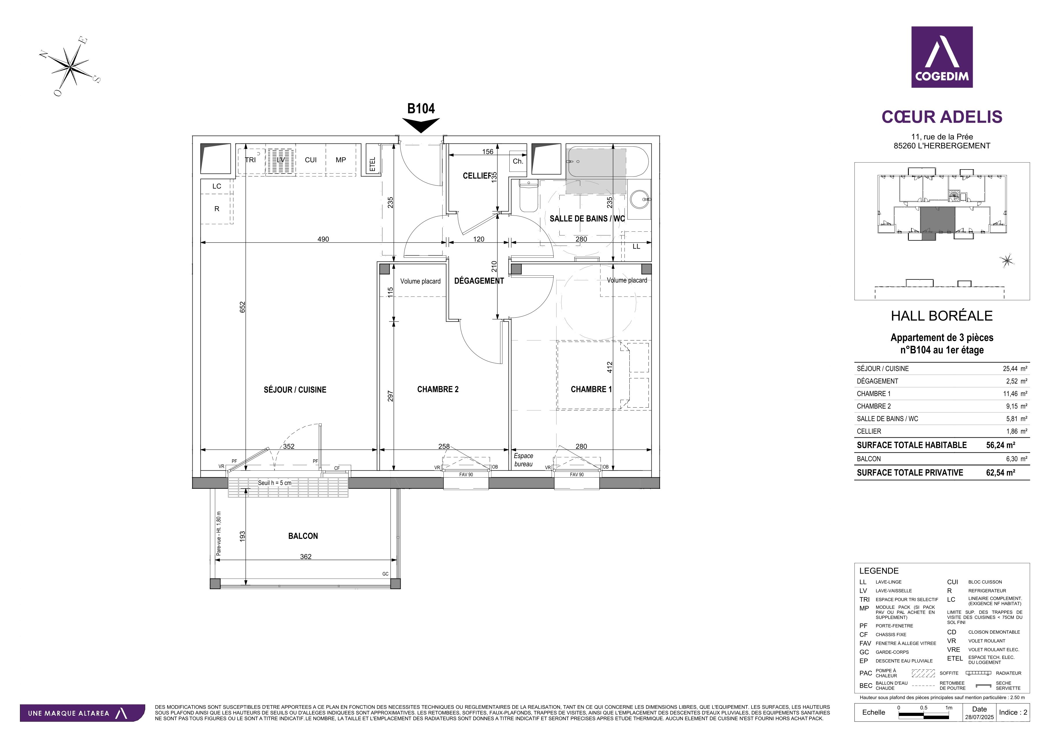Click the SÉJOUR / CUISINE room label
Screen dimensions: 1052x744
(295, 390)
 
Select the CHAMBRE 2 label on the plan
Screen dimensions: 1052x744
(438, 389)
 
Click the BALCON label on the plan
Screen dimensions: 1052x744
(303, 536)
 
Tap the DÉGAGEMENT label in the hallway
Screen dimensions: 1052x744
(479, 281)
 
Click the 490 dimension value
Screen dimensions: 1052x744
(323, 239)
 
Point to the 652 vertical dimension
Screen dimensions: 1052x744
(242, 307)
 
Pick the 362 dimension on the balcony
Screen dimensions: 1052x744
(306, 557)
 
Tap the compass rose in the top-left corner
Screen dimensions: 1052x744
(70, 67)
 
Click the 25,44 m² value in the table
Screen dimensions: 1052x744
(1015, 368)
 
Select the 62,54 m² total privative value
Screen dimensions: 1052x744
(1001, 472)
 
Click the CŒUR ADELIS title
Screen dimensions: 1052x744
(942, 117)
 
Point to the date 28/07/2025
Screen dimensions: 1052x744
(980, 717)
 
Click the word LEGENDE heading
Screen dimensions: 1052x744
(879, 571)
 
